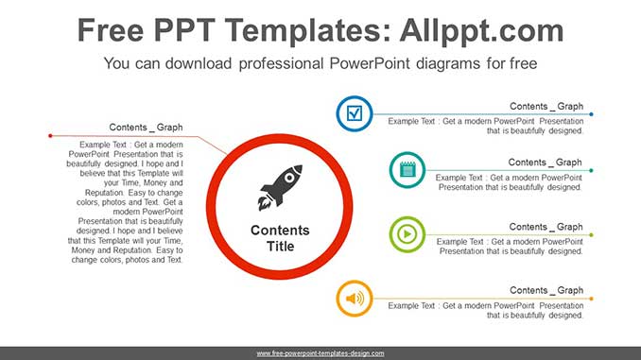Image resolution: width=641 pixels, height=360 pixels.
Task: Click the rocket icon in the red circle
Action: click(x=280, y=187)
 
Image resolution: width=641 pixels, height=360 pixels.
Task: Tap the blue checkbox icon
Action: click(x=355, y=114)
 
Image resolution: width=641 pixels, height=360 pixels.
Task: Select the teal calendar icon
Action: click(x=407, y=170)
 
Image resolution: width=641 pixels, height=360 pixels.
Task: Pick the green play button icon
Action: click(x=407, y=234)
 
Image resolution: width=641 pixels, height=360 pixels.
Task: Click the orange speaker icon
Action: click(x=355, y=299)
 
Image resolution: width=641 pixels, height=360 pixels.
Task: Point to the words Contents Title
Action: click(x=280, y=238)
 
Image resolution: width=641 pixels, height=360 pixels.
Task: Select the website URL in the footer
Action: click(x=320, y=353)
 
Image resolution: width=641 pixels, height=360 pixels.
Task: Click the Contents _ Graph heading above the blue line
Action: click(x=546, y=106)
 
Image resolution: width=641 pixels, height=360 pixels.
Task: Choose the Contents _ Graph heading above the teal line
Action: click(x=546, y=163)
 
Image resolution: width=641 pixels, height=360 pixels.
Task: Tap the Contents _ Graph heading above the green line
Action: click(x=546, y=227)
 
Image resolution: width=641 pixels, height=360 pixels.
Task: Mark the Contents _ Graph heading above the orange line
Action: click(x=546, y=290)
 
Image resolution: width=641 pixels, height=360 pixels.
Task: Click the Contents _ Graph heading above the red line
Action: click(x=146, y=127)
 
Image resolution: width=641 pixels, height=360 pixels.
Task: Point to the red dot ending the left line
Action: click(x=49, y=136)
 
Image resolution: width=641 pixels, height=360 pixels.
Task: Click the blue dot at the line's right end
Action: click(x=592, y=114)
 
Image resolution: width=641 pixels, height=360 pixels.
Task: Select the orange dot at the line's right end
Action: click(x=592, y=299)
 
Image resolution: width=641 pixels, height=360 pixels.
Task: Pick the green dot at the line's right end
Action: click(x=592, y=234)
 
